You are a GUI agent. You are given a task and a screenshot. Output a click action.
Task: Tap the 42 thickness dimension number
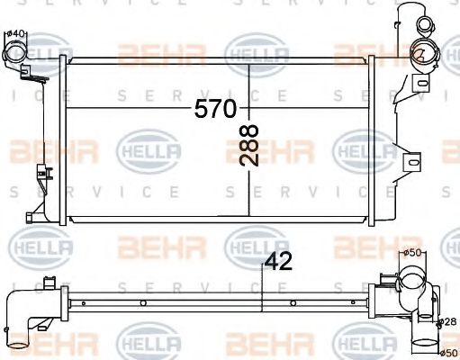pyautogui.click(x=280, y=264)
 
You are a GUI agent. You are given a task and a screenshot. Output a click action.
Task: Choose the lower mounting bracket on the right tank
pyautogui.click(x=411, y=162)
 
